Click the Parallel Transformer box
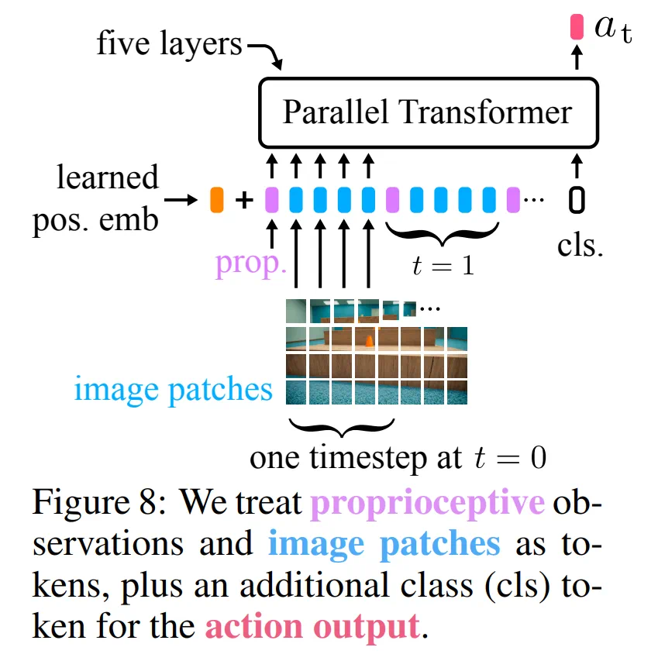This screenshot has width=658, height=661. (x=428, y=113)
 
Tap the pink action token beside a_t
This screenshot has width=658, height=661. (x=576, y=28)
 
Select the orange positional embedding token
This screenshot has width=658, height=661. (x=217, y=200)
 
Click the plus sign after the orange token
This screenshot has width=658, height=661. (x=244, y=201)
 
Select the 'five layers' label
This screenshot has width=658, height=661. (x=169, y=44)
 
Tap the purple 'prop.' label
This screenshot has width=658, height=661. (x=250, y=263)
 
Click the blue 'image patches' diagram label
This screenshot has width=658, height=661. (x=174, y=389)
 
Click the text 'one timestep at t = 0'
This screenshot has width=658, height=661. (x=398, y=457)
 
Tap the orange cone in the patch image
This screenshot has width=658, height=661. (x=369, y=339)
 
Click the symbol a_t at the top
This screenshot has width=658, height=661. (x=612, y=29)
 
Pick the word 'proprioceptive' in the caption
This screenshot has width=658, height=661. (x=428, y=503)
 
